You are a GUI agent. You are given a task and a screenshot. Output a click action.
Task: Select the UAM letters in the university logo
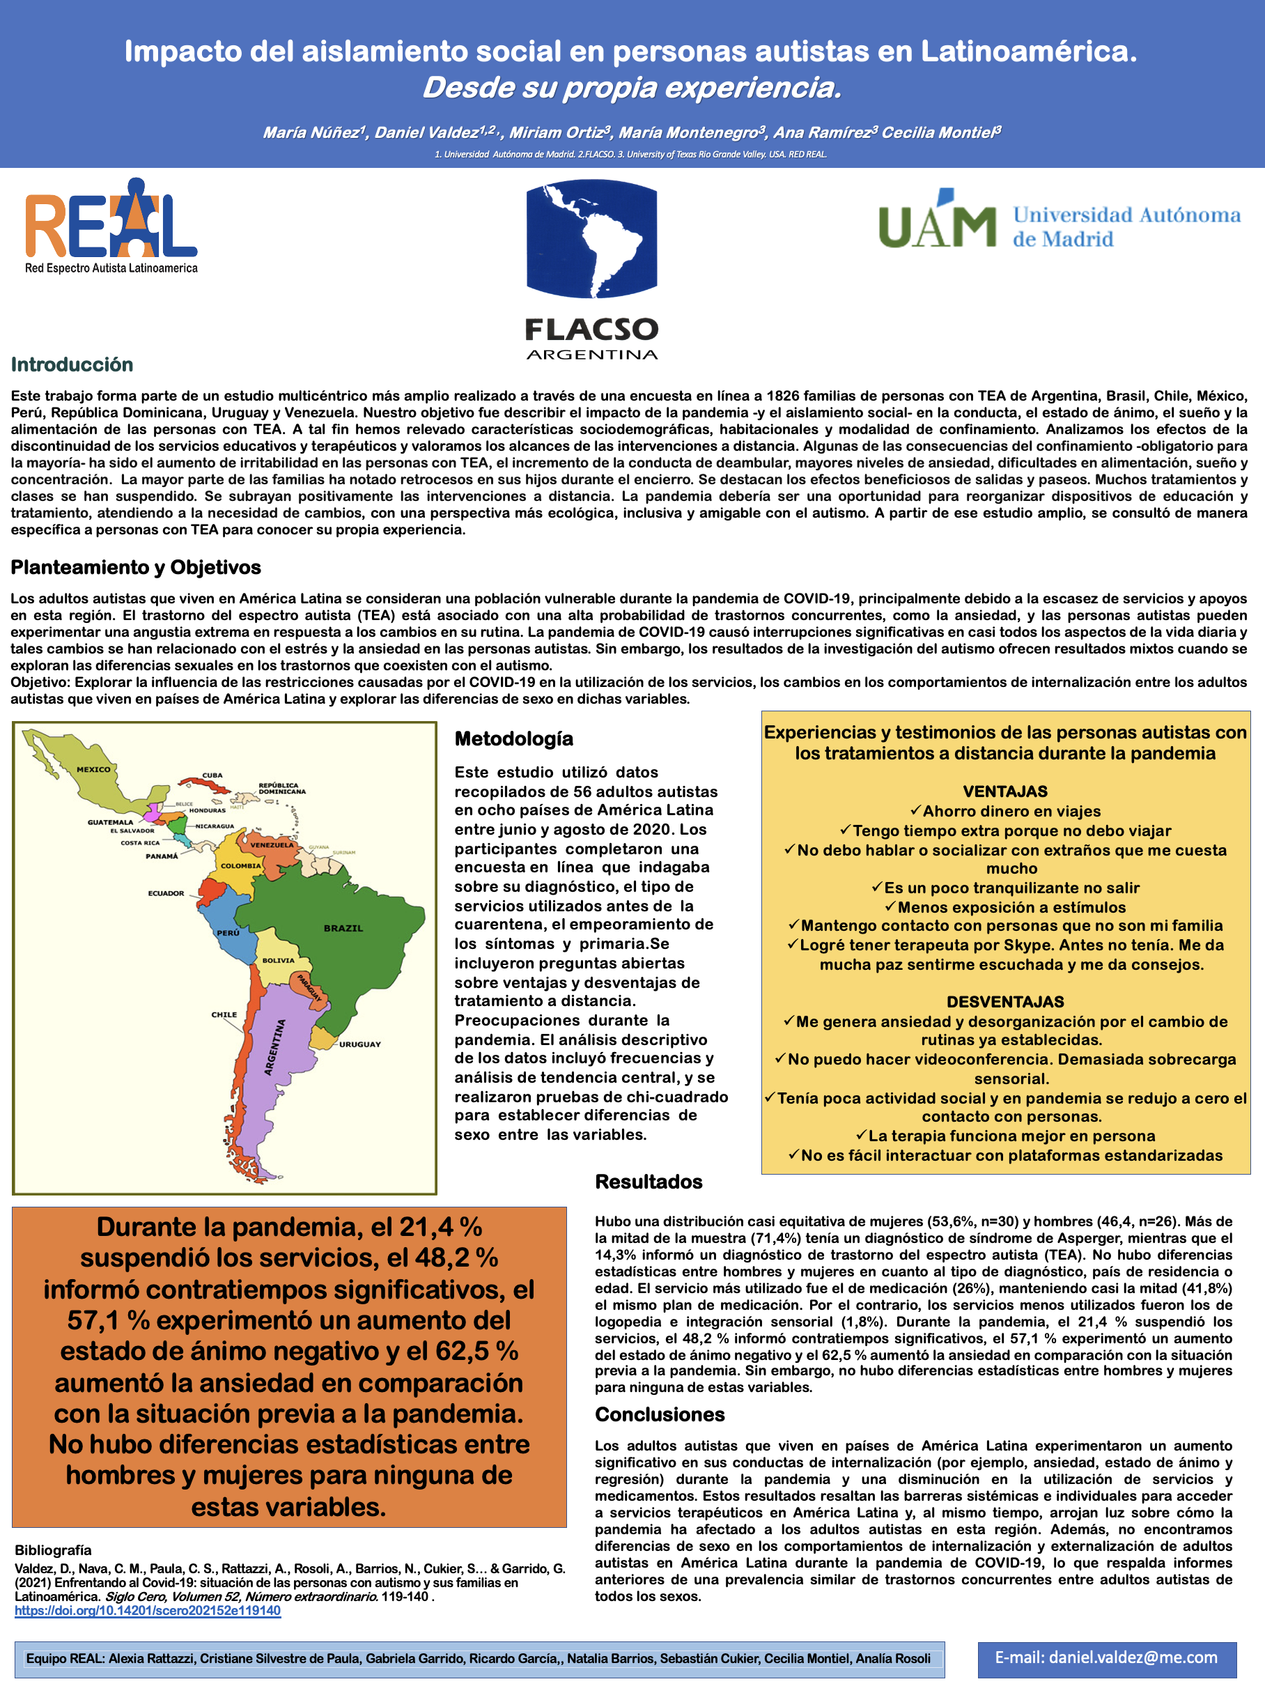tap(937, 222)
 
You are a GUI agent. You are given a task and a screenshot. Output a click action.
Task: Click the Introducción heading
tap(72, 364)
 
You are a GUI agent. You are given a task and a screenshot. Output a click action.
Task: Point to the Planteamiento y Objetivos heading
tap(135, 567)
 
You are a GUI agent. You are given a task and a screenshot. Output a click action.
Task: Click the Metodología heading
tap(513, 739)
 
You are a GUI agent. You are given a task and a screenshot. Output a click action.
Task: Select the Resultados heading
tap(649, 1182)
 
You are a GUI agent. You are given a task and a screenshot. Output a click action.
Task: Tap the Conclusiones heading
tap(660, 1414)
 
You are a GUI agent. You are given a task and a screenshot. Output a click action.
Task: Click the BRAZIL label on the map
tap(343, 929)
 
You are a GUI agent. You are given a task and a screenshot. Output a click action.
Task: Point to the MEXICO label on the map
tap(93, 769)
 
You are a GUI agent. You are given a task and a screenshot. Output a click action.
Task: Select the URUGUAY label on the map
tap(359, 1044)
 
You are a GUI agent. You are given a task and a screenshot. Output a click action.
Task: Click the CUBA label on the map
tap(212, 775)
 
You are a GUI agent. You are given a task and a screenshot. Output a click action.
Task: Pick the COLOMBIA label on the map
tap(240, 865)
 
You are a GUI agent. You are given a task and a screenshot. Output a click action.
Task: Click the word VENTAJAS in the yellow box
tap(1004, 791)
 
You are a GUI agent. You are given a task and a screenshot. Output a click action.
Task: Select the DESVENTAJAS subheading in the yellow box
tap(1004, 1002)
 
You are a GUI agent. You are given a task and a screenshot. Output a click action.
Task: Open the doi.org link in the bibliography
tap(148, 1610)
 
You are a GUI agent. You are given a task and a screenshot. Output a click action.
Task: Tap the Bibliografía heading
tap(53, 1550)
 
